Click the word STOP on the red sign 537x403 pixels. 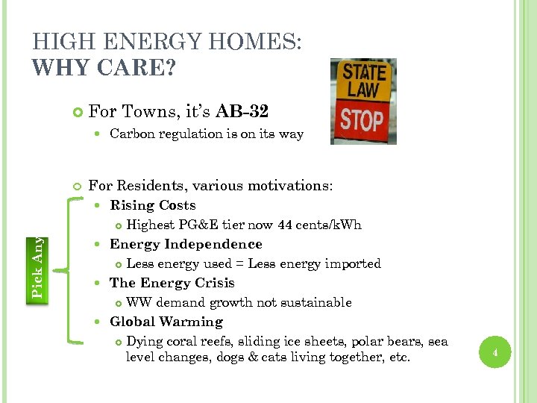point(362,120)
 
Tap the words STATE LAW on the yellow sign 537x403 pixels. point(365,81)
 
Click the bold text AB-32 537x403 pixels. point(242,112)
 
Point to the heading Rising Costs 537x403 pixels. point(152,205)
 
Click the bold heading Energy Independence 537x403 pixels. point(186,244)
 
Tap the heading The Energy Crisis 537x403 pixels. point(172,283)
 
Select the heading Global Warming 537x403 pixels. point(166,322)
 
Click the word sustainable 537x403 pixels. point(316,302)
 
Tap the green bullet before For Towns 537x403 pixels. point(77,113)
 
